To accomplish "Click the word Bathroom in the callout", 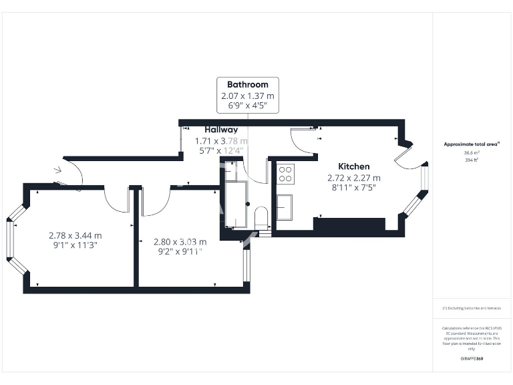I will tap(247, 85).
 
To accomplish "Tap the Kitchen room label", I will tap(353, 166).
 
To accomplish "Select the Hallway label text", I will tap(220, 130).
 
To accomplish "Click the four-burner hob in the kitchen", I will tap(285, 174).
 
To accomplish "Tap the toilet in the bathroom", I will tap(262, 218).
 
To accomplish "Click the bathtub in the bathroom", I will tap(236, 204).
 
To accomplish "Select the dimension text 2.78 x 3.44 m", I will tap(75, 235).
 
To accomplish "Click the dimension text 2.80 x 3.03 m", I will tap(180, 241).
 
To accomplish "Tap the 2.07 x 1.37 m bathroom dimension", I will tap(247, 97).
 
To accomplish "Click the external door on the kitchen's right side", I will tap(405, 154).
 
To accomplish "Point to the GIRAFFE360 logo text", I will tap(471, 359).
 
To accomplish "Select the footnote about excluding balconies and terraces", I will tap(471, 308).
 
